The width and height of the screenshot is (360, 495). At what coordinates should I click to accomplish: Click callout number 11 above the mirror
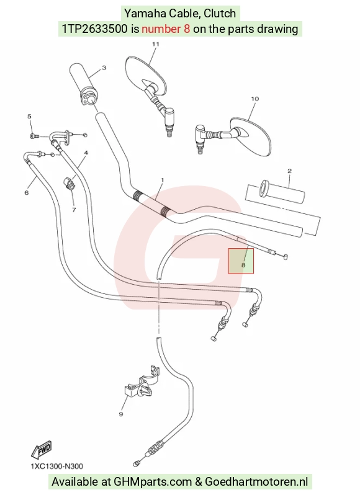pos(155,44)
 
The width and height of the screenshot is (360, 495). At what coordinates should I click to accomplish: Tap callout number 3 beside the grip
pos(104,68)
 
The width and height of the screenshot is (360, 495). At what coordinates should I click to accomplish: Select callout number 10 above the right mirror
pos(255,99)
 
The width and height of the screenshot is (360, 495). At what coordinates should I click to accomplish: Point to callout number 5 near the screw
pos(29,117)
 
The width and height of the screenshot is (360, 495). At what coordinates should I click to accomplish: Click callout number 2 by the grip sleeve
pos(290,171)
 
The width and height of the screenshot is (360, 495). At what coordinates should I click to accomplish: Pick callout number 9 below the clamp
pos(121,414)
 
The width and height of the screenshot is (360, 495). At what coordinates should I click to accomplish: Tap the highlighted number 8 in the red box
pos(243,265)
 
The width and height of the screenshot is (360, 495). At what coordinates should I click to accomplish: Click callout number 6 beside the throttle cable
pos(27,192)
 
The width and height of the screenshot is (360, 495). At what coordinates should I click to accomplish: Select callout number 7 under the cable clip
pos(74,210)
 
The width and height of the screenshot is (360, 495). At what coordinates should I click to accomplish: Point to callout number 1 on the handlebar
pos(163,180)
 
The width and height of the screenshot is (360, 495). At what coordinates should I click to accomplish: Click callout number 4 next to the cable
pos(86,153)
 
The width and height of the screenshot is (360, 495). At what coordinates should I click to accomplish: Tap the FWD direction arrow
pos(42,450)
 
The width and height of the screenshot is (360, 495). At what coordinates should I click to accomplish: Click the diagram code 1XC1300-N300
pos(57,466)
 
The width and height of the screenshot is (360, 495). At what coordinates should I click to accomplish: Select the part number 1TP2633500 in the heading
pos(95,29)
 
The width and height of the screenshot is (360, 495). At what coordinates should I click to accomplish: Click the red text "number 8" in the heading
pos(166,29)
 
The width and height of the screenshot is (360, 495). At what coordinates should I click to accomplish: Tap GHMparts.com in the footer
pos(153,482)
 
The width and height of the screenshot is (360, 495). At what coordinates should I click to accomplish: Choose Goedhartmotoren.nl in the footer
pos(256,482)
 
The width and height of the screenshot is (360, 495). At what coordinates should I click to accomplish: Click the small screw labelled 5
pos(34,136)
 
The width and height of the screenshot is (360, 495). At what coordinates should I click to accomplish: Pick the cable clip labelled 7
pos(68,184)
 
